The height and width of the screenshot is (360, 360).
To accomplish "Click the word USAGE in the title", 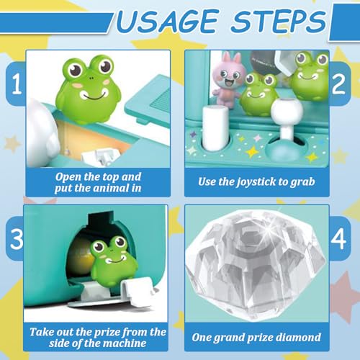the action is click(x=167, y=21).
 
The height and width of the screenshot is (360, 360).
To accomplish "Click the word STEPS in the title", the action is click(x=278, y=21).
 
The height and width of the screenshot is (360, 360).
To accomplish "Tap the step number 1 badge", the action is click(x=16, y=84).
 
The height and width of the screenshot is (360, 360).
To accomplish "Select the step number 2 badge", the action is click(x=340, y=84).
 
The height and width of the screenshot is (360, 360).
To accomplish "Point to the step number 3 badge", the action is click(x=16, y=238).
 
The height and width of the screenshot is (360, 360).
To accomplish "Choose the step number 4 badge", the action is click(x=340, y=238).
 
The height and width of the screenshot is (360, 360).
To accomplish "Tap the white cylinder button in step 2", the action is click(x=215, y=128).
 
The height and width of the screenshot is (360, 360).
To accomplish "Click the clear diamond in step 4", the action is click(x=256, y=264).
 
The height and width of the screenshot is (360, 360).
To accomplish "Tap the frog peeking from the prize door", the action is click(x=114, y=261).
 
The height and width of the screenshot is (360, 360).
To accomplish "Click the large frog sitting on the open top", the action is click(x=89, y=89).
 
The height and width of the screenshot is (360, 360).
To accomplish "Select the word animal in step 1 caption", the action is click(x=111, y=188).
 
